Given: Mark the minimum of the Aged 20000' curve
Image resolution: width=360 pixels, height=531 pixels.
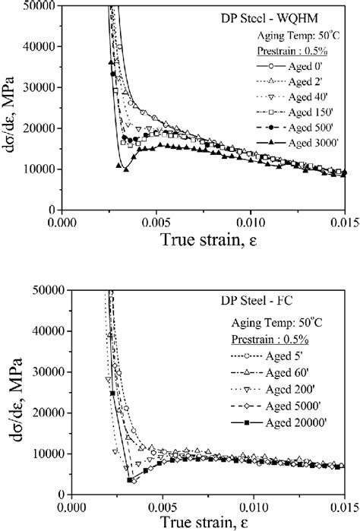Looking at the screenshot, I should point(131,481).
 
